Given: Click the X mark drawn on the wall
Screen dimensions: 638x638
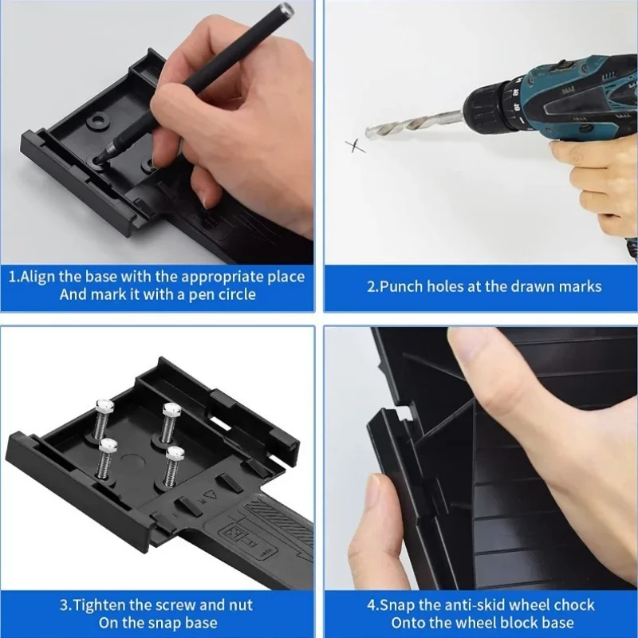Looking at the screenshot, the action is click(355, 146).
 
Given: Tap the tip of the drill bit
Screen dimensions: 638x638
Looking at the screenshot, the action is click(367, 133).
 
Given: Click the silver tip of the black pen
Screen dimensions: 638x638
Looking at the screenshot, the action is click(287, 7).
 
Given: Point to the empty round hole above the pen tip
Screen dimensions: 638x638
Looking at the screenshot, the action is click(97, 120).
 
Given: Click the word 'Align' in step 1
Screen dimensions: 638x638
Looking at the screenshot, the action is click(37, 277).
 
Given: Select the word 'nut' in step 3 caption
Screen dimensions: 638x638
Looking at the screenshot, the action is click(241, 606).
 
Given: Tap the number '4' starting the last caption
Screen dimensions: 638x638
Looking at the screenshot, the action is click(371, 605).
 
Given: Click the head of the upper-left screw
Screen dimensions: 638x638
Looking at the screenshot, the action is click(104, 405).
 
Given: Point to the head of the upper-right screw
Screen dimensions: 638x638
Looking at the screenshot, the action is click(171, 409).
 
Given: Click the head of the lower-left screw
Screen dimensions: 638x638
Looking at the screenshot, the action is click(108, 444).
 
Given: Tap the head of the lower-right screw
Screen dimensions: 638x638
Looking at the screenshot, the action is click(175, 453).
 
